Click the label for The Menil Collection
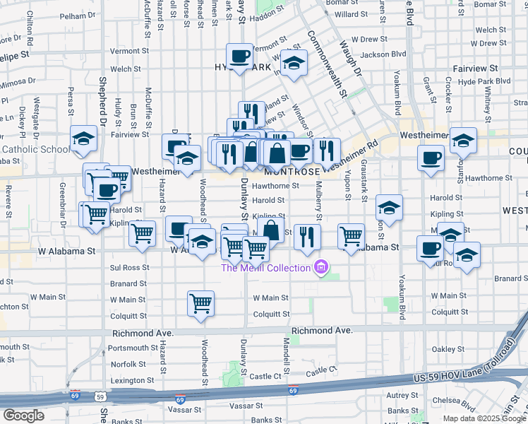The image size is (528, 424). [265, 268]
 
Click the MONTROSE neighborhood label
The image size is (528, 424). [292, 172]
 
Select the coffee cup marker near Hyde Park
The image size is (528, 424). [239, 57]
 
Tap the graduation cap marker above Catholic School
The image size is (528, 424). [84, 139]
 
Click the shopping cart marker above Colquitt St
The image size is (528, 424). [201, 303]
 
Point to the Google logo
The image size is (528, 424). [23, 416]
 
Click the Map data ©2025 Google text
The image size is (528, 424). [485, 418]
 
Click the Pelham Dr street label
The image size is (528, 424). [78, 15]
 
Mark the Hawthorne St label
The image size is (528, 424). [275, 186]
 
